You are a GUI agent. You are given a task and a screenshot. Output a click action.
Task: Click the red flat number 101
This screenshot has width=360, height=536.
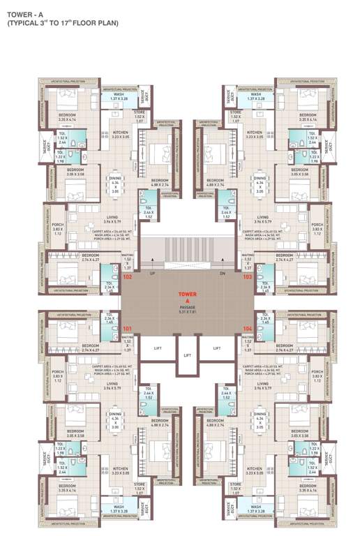pyautogui.click(x=127, y=328)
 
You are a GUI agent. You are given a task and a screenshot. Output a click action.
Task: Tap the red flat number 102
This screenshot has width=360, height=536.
pyautogui.click(x=127, y=277)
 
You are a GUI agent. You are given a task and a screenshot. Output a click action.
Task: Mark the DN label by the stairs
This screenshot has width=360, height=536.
pyautogui.click(x=223, y=274)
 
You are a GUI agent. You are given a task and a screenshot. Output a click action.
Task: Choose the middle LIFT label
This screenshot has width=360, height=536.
pyautogui.click(x=187, y=355)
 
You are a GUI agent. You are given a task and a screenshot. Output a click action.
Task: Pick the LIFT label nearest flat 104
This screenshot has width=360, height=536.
pyautogui.click(x=217, y=347)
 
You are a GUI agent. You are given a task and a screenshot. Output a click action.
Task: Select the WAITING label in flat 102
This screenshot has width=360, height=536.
pyautogui.click(x=127, y=259)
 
